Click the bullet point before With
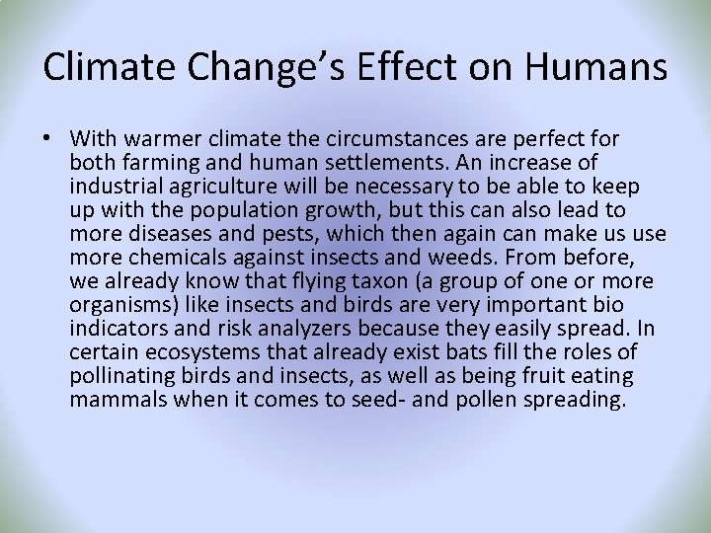tap(49, 138)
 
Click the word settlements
tap(400, 162)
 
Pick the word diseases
tap(172, 233)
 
